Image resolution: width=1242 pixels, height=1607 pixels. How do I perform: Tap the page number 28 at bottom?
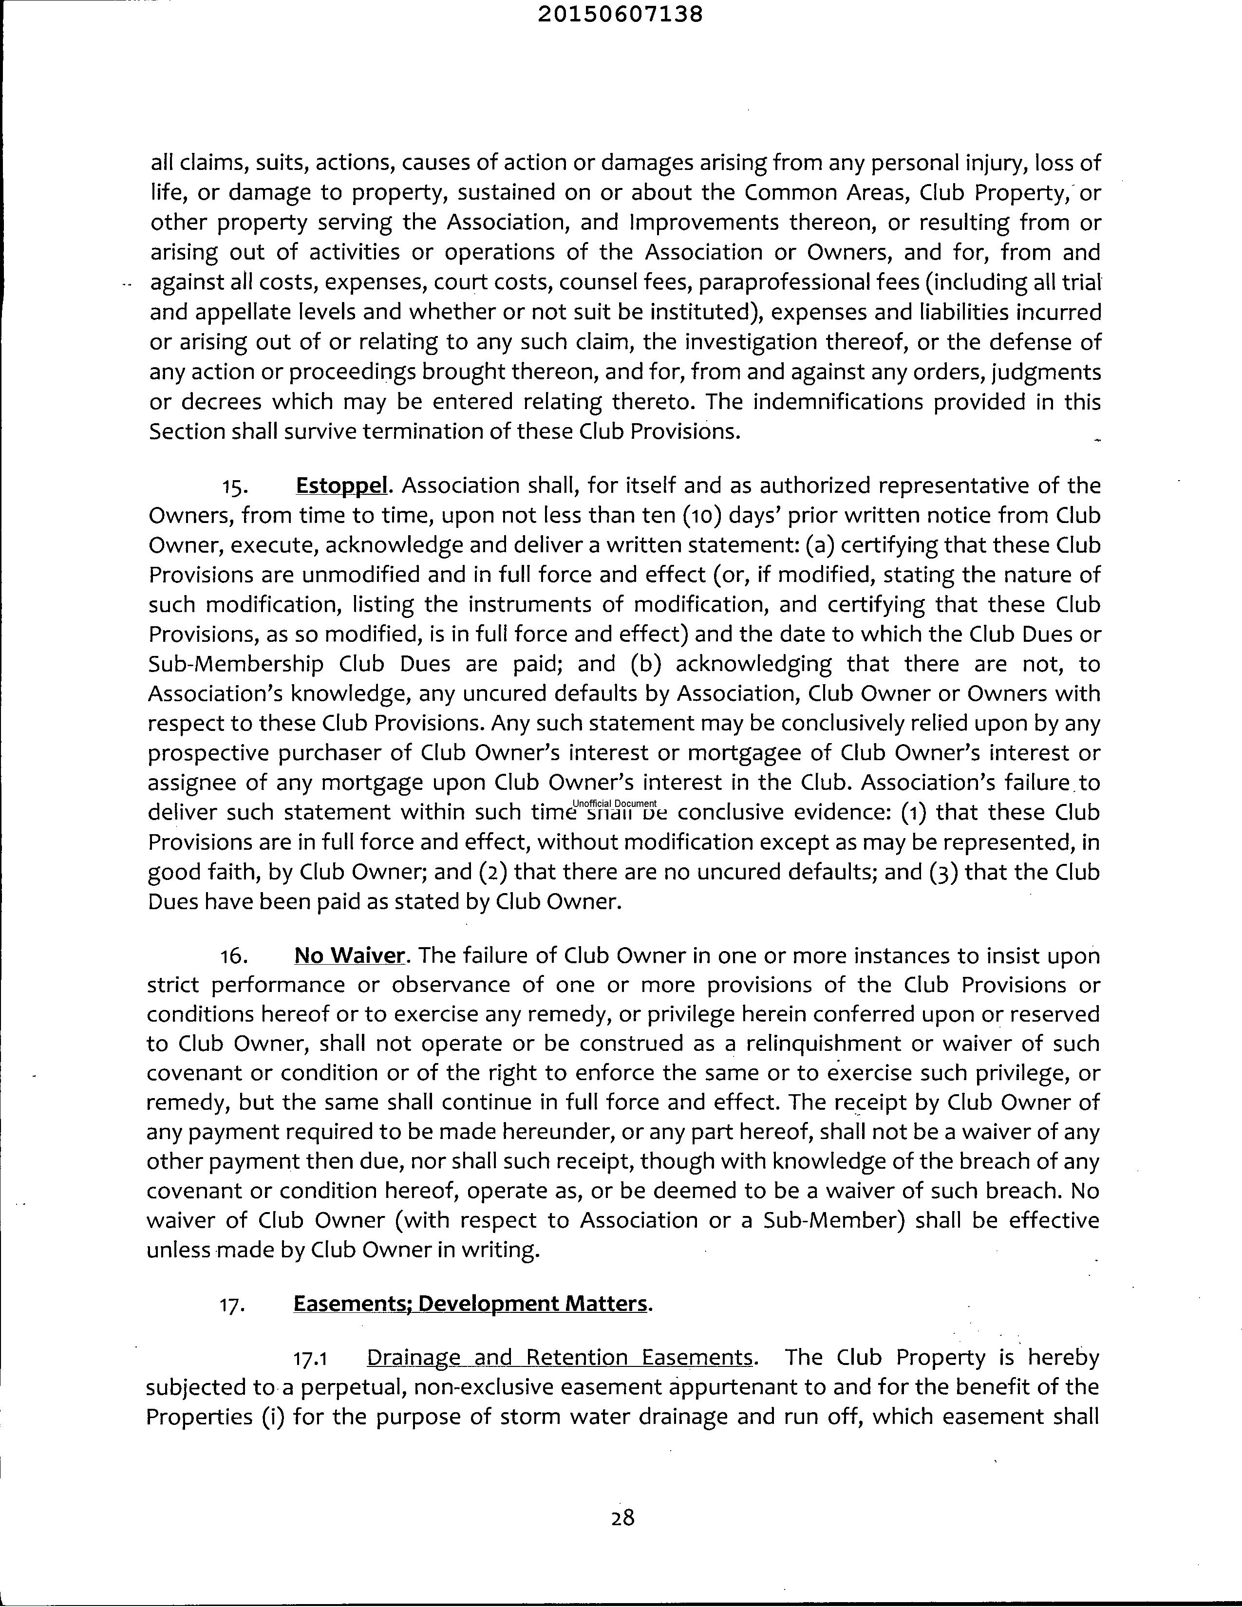[x=622, y=1517]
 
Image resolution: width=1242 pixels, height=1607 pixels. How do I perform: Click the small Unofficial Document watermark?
[x=614, y=803]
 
